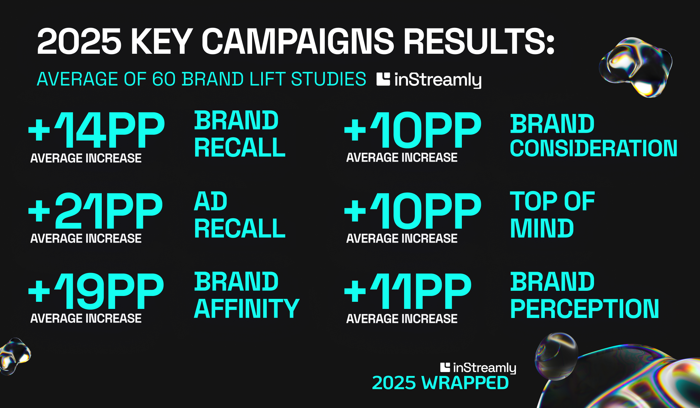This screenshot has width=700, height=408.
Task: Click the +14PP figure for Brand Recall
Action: [97, 130]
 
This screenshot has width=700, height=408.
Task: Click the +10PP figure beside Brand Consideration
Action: [413, 130]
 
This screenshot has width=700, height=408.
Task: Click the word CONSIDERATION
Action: [594, 148]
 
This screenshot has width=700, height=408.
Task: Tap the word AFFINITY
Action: [247, 309]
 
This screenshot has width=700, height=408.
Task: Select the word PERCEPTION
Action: [585, 309]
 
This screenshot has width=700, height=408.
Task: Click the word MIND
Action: [542, 228]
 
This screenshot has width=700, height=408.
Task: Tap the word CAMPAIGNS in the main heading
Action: [298, 41]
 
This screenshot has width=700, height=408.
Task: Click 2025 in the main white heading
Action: [79, 41]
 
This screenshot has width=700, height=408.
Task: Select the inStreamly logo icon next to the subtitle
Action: [383, 79]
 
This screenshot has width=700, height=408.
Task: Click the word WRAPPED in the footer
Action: [465, 383]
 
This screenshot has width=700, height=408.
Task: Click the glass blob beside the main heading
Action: [636, 67]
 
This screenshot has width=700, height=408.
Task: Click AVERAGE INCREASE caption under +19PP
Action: [86, 318]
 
